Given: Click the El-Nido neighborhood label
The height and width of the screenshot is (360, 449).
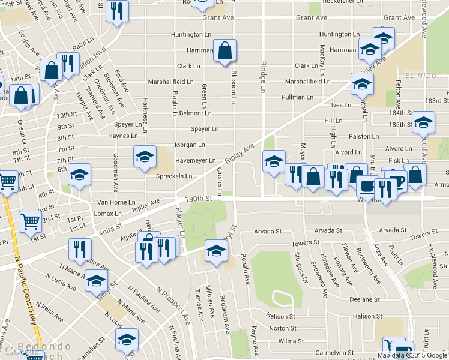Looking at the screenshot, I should tap(418, 76).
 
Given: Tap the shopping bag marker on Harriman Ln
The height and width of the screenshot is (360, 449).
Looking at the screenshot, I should tap(224, 52).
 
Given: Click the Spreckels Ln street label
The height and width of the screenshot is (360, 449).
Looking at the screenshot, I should tap(173, 176).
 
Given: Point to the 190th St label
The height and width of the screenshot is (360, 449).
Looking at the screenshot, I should tap(200, 198).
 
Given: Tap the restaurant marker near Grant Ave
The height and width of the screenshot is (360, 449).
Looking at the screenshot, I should tap(116, 11).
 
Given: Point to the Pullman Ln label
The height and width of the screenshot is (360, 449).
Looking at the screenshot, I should tap(297, 97).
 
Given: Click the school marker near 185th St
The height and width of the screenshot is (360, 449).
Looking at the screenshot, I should tap(423, 122).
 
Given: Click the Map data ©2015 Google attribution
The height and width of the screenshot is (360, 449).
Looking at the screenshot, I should tap(411, 355).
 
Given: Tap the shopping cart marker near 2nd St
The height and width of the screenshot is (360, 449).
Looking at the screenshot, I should tap(30, 221).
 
